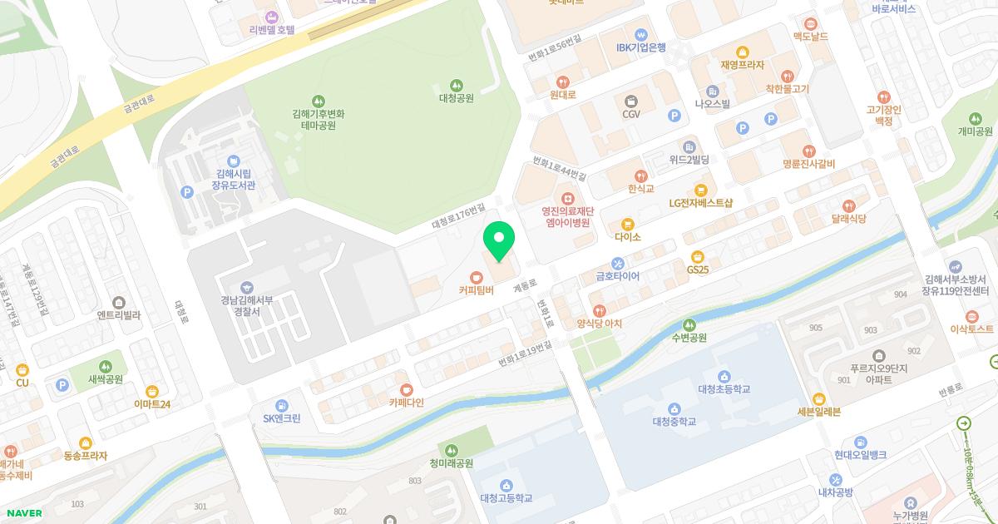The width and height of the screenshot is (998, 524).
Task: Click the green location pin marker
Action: pyautogui.click(x=499, y=241)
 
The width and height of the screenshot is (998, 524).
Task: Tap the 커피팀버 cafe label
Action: pyautogui.click(x=476, y=290)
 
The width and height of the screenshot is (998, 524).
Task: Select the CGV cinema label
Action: pyautogui.click(x=631, y=114)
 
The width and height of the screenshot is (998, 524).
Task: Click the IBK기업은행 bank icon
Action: pyautogui.click(x=640, y=34)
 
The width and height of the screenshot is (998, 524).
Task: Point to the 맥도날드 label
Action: pyautogui.click(x=810, y=37)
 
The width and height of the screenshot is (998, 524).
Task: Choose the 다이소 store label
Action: pyautogui.click(x=627, y=236)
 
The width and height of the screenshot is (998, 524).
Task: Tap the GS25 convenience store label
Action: pyautogui.click(x=698, y=269)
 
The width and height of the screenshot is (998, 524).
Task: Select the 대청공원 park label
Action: pyautogui.click(x=456, y=97)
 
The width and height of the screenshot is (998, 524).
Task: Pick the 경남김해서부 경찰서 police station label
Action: pyautogui.click(x=247, y=306)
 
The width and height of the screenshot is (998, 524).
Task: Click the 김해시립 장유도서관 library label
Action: pyautogui.click(x=235, y=179)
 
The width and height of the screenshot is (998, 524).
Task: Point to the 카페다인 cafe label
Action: pyautogui.click(x=406, y=402)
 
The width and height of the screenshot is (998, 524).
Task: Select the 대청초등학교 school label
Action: pyautogui.click(x=724, y=388)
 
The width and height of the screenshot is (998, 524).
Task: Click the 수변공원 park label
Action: pyautogui.click(x=689, y=338)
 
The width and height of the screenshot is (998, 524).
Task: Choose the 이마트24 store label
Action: pyautogui.click(x=152, y=404)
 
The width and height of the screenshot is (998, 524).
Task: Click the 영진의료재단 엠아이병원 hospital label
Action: pyautogui.click(x=566, y=216)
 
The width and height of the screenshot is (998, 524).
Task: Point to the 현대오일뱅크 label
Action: pyautogui.click(x=860, y=454)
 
